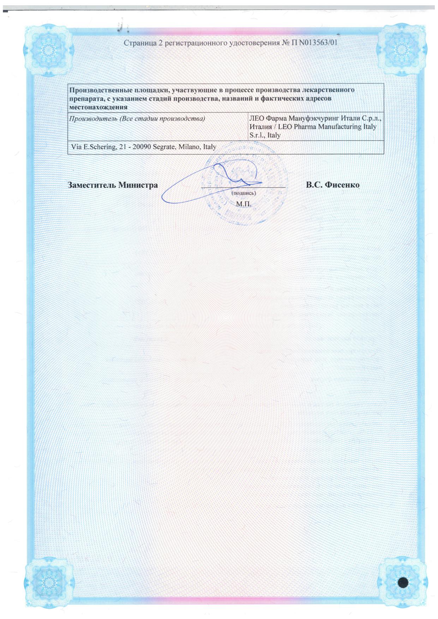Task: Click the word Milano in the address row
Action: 189,147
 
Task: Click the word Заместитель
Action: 91,185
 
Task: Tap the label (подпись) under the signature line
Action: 244,193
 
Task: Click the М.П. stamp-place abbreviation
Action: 244,204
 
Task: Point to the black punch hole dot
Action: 403,582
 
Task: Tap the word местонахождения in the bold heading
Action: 98,107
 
